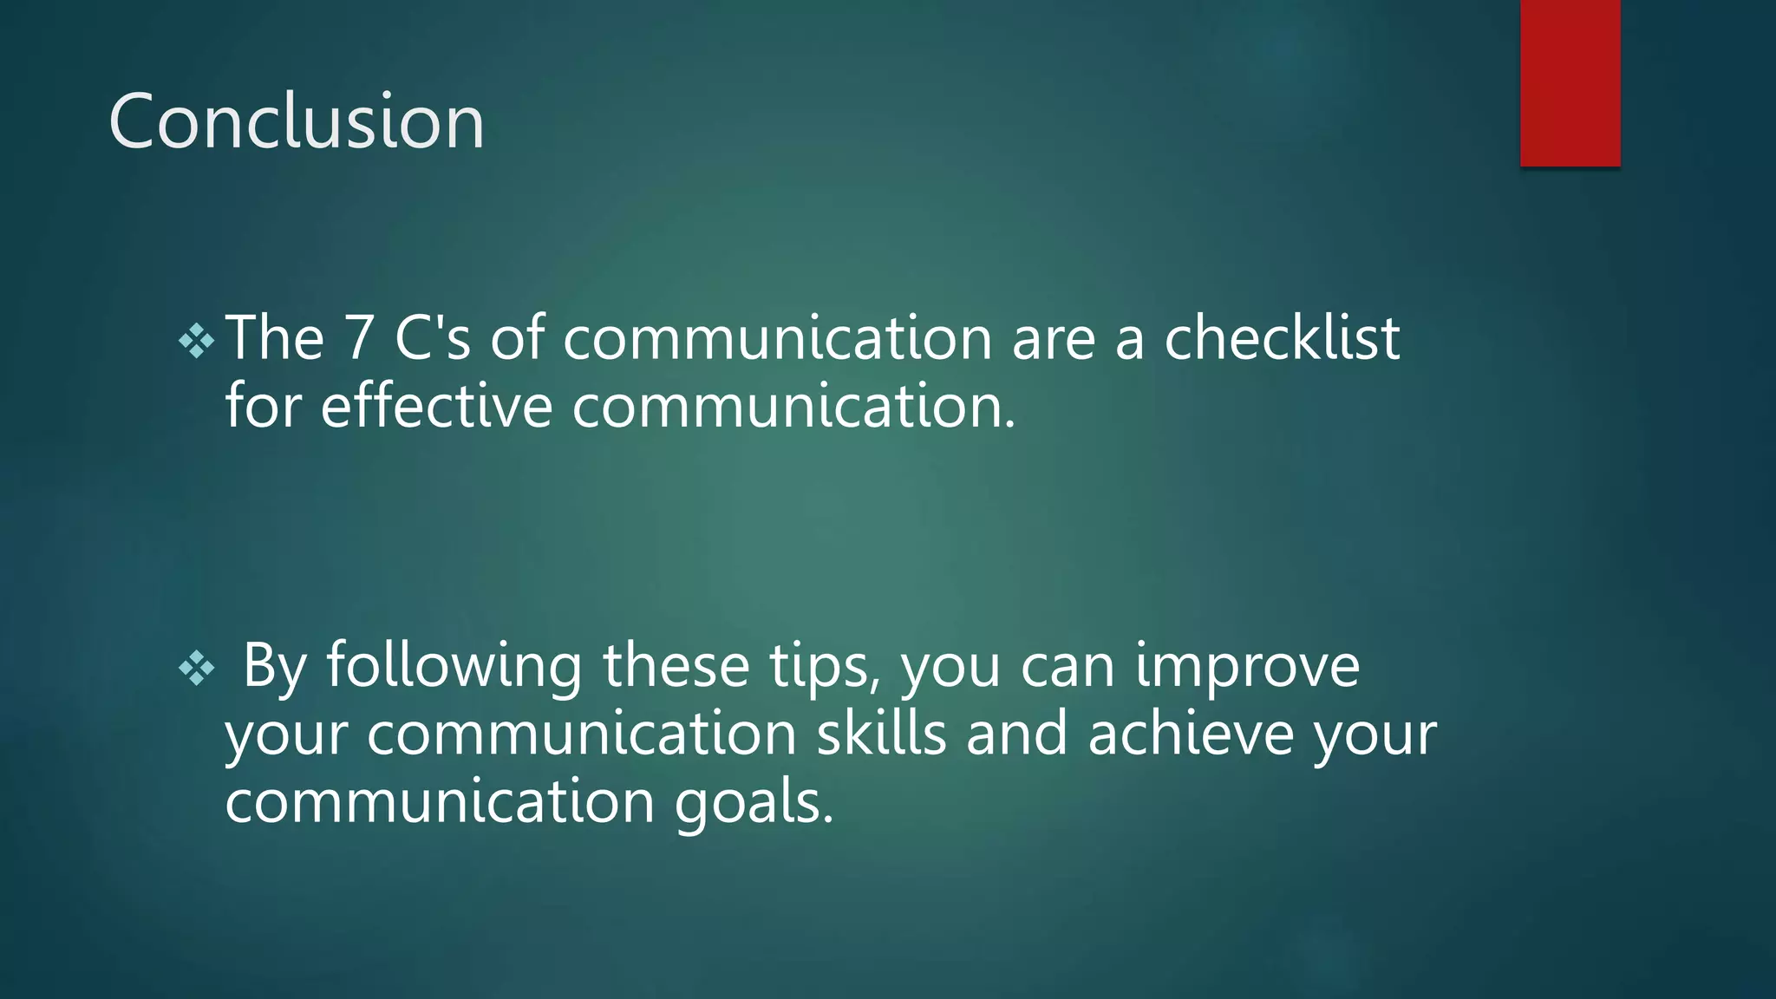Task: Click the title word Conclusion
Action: [297, 121]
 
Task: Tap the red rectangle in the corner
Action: [1570, 82]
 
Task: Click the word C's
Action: [432, 338]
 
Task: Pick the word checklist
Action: [1281, 338]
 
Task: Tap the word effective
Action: [436, 406]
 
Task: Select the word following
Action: [454, 666]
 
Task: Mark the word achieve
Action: [1190, 734]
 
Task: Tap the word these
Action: [676, 666]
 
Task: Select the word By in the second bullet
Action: [274, 666]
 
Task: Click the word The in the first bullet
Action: [275, 338]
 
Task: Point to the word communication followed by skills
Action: [581, 734]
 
